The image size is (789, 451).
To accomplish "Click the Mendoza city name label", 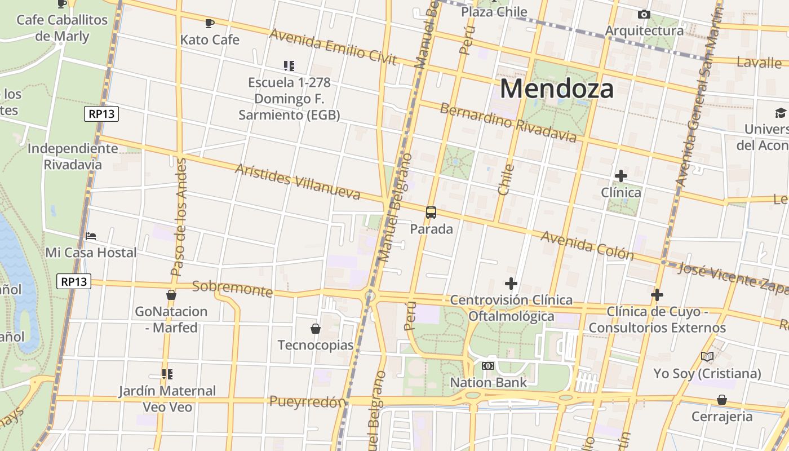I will pyautogui.click(x=556, y=89).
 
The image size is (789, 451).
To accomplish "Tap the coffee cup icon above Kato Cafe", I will pyautogui.click(x=210, y=24).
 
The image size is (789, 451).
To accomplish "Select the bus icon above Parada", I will pyautogui.click(x=431, y=213).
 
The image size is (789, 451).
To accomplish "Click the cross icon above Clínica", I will pyautogui.click(x=620, y=176).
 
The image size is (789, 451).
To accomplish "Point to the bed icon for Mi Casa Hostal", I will pyautogui.click(x=91, y=236).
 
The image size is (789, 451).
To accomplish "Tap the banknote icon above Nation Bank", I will pyautogui.click(x=488, y=366).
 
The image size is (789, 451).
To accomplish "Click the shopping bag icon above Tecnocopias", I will pyautogui.click(x=316, y=329).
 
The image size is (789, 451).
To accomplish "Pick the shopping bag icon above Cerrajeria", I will pyautogui.click(x=722, y=400).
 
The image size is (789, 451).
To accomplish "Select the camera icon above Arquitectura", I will pyautogui.click(x=644, y=14).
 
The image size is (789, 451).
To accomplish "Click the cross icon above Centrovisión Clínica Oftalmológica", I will pyautogui.click(x=511, y=283).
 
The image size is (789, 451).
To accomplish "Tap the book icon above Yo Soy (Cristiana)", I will pyautogui.click(x=707, y=356).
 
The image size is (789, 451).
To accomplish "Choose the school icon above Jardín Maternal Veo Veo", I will pyautogui.click(x=167, y=374).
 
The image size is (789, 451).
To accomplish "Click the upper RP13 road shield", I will pyautogui.click(x=102, y=114).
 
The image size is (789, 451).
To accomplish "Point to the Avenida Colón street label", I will pyautogui.click(x=587, y=246).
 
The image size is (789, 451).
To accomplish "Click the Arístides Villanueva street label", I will pyautogui.click(x=298, y=182).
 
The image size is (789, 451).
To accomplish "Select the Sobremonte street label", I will pyautogui.click(x=232, y=289).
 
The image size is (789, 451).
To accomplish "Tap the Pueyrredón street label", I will pyautogui.click(x=307, y=402).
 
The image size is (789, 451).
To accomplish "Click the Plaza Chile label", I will pyautogui.click(x=494, y=12).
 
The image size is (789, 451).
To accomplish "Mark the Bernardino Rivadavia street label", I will pyautogui.click(x=508, y=122).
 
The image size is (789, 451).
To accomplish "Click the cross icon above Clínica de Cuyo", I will pyautogui.click(x=657, y=295).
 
